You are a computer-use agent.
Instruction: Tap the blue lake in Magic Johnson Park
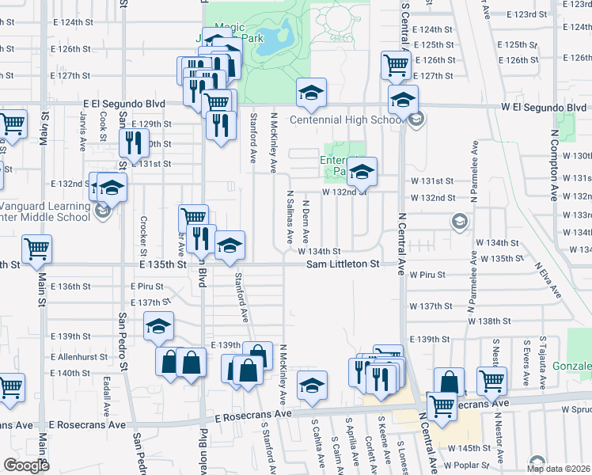click(283, 34)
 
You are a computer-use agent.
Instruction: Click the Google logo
click(26, 465)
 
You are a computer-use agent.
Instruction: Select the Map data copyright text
click(559, 469)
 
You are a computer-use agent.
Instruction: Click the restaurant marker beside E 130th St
click(133, 143)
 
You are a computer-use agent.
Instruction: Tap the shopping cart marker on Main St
click(37, 249)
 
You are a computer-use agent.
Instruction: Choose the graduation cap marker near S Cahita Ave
click(312, 386)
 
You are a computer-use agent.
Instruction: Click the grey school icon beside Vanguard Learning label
click(102, 211)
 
